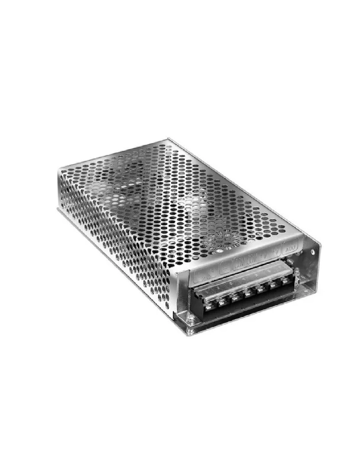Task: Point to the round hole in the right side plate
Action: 312,252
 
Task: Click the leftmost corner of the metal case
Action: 57,208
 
